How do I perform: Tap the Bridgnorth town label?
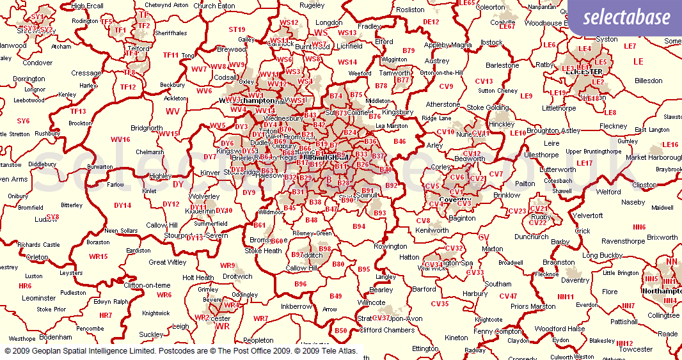pos(147,128)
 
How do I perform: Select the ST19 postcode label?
pos(237,29)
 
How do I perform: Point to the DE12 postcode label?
pos(431,22)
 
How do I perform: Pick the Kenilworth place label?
pos(432,230)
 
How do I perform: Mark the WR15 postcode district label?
pos(99,256)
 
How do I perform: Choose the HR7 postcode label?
pos(106,315)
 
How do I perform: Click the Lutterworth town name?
pos(557,169)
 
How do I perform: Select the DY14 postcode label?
pos(122,205)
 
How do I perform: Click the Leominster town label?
pos(39,298)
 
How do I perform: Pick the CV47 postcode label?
pos(508,296)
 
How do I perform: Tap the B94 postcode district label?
pos(359,226)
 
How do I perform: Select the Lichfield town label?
pos(349,46)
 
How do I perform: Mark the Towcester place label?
pos(635,349)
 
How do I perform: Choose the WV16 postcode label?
pos(120,139)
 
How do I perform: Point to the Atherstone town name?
pos(443,104)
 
